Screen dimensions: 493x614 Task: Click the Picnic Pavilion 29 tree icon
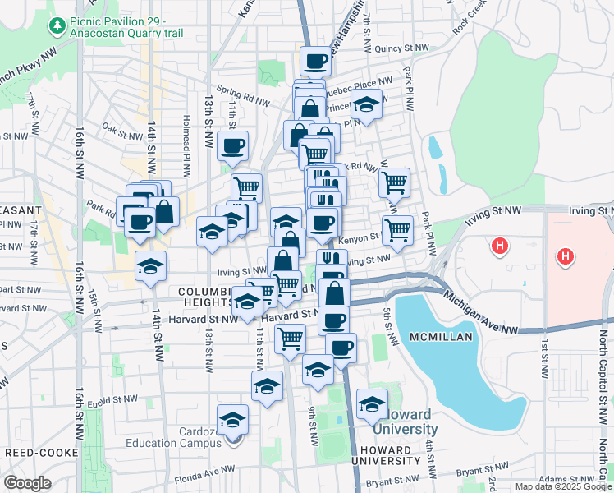pos(57,27)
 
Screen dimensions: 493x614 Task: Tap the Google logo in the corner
pos(27,482)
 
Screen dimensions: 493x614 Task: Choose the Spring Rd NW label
pos(243,97)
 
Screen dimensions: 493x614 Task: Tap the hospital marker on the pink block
pos(564,257)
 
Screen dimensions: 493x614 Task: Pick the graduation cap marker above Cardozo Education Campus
pos(233,419)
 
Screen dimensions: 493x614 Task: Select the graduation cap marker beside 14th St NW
pos(150,265)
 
